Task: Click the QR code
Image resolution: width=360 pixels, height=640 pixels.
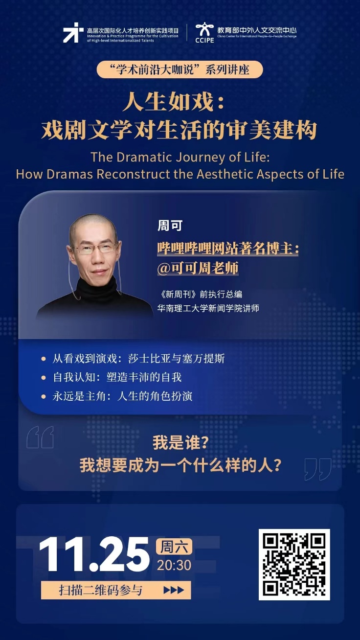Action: (294, 564)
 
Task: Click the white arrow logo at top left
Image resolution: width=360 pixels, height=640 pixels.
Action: (71, 33)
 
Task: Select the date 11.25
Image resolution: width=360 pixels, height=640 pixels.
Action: (94, 554)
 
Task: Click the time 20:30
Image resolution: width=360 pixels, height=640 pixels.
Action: (174, 565)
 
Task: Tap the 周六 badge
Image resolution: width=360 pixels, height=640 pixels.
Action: (174, 547)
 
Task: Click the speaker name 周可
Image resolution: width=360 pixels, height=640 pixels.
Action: (170, 226)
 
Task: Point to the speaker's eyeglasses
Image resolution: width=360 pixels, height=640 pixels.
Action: (95, 248)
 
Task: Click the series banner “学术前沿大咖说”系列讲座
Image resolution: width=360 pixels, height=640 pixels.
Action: (180, 69)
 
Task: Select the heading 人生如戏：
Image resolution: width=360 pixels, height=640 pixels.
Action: (174, 102)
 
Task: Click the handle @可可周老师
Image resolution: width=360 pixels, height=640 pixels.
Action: (198, 268)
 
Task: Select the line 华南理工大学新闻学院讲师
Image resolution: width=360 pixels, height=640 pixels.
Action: (208, 308)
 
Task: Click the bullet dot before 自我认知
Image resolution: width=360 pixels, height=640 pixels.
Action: (44, 378)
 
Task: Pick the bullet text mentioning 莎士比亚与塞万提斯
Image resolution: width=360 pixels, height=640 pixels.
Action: (138, 359)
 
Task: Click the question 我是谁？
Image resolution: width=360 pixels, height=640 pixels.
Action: (180, 443)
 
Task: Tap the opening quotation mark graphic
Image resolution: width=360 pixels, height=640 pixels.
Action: (40, 437)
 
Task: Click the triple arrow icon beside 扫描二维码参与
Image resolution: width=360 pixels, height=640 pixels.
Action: (174, 590)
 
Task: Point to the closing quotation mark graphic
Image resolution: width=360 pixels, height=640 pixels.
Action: (318, 469)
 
